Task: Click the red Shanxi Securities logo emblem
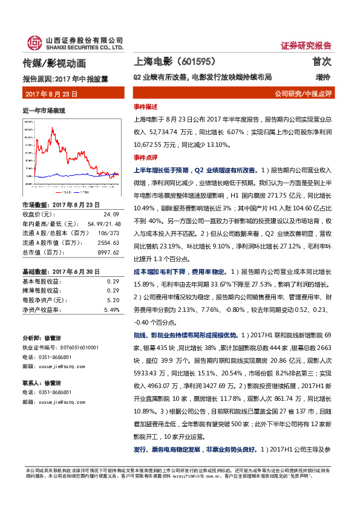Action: [33, 42]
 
